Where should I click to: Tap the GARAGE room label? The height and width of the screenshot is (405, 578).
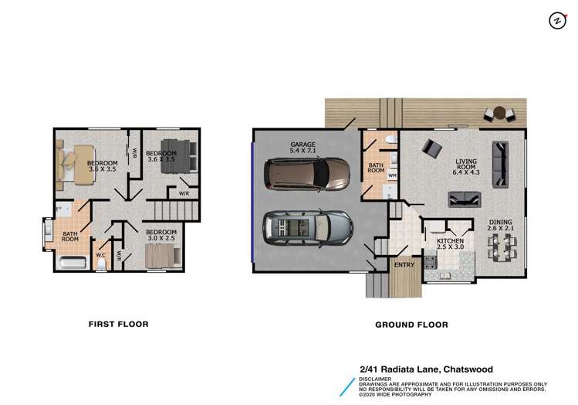click(303, 147)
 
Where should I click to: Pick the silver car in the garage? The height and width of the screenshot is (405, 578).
click(307, 227)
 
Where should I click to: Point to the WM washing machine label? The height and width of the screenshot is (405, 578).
click(392, 175)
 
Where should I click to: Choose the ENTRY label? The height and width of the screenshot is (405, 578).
click(404, 265)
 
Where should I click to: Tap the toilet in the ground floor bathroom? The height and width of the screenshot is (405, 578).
click(390, 140)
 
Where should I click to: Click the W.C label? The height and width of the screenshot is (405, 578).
click(100, 254)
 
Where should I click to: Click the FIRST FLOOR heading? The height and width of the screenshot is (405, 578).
click(117, 324)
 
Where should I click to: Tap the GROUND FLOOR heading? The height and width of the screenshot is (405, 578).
click(411, 325)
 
